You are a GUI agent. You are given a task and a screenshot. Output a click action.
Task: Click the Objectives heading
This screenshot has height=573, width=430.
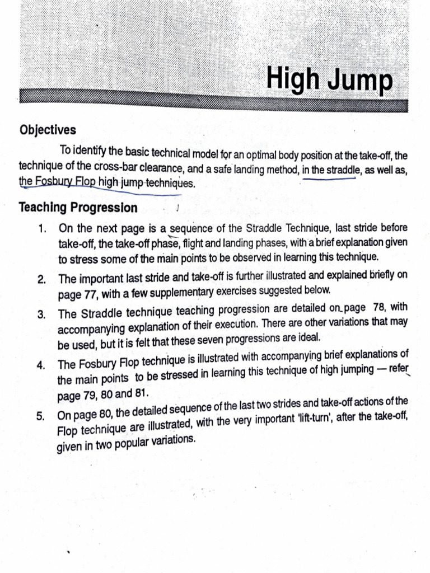pyautogui.click(x=48, y=130)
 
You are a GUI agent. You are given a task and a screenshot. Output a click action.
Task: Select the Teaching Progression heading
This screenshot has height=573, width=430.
pyautogui.click(x=78, y=208)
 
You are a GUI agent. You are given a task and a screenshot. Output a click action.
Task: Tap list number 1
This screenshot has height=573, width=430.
pyautogui.click(x=41, y=229)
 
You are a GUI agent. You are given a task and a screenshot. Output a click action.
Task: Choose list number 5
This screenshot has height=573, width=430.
pyautogui.click(x=41, y=417)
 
